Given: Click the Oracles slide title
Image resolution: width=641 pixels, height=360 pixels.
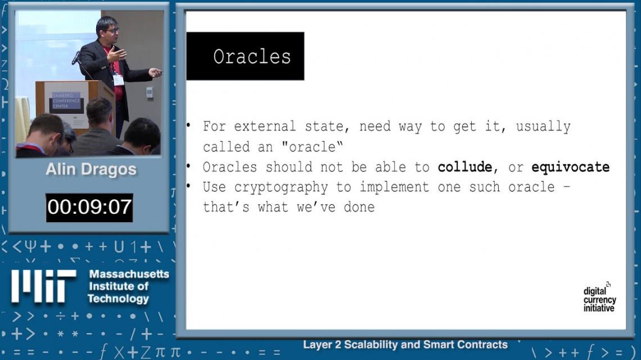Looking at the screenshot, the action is pos(252,56).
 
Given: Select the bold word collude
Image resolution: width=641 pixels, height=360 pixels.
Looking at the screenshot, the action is pos(465,167).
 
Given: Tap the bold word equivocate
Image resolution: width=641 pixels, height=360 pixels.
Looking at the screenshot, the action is pos(570,167).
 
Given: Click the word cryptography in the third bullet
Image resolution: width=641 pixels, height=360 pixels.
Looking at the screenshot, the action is pos(281,187).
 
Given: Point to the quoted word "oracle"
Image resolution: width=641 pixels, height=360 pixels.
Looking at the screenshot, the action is pos(312,146).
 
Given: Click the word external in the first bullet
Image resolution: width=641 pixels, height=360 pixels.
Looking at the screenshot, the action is pos(265,127).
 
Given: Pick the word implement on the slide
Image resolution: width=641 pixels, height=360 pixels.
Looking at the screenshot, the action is pos(394,187).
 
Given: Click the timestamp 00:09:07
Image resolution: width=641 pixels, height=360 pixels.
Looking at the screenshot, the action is pos(89,207).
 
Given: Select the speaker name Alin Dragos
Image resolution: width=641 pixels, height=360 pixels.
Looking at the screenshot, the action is pos(91,169).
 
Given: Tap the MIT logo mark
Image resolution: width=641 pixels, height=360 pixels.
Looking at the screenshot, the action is pos(43,286).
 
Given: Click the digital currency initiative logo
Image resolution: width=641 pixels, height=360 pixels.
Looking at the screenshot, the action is pos(599,298).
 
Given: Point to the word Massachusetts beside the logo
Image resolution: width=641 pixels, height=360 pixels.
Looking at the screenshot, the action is pos(129,274).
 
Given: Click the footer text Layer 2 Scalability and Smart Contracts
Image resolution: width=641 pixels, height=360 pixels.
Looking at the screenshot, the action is pos(405,344).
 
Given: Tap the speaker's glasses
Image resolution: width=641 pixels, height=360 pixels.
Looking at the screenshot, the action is pos(112,30).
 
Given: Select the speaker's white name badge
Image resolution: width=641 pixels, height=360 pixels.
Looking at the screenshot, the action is pos(119,79).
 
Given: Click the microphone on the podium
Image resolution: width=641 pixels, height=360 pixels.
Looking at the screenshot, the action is pos(76,58).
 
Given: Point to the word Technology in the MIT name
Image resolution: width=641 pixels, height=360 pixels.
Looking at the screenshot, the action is pos(118,299).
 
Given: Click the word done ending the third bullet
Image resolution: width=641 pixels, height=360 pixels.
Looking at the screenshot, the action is pos(359,207).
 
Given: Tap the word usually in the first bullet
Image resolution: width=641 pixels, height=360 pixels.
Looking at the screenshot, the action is pos(543,127).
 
